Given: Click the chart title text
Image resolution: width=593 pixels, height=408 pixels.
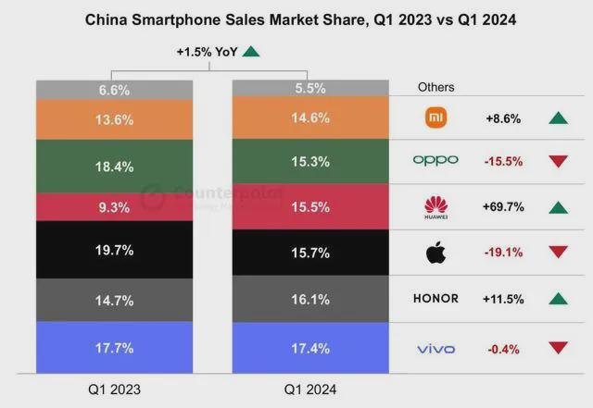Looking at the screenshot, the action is click(x=300, y=19).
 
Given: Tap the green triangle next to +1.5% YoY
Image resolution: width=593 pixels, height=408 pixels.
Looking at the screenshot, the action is click(x=251, y=52).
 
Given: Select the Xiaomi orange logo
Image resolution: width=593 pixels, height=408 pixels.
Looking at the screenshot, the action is click(x=436, y=117).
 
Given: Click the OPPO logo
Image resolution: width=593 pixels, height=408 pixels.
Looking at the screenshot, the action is click(x=435, y=161).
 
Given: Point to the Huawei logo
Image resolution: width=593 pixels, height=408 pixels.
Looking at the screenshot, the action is click(x=436, y=207).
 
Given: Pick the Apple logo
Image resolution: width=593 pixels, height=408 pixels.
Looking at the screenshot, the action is click(x=435, y=252).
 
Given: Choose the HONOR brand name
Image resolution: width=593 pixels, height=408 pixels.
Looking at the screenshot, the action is click(x=435, y=299).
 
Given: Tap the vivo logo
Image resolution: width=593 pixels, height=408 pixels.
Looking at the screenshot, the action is click(x=435, y=349).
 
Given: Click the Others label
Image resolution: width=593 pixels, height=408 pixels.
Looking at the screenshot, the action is click(x=435, y=87).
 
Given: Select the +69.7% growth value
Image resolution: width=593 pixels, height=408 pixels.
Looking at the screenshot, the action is click(x=503, y=207).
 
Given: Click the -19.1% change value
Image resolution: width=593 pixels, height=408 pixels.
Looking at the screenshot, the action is click(x=503, y=253).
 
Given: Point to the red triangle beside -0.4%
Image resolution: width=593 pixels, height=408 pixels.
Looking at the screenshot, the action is click(x=558, y=348).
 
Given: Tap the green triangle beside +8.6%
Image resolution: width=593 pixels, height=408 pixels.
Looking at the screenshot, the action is click(x=558, y=118).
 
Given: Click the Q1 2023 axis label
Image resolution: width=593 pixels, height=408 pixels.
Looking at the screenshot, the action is click(x=114, y=389).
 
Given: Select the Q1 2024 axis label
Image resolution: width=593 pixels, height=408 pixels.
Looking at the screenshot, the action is click(x=310, y=389).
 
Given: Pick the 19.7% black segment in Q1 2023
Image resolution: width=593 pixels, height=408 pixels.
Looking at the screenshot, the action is click(x=114, y=250).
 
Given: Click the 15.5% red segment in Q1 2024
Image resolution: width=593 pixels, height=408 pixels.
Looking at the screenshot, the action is click(x=310, y=206).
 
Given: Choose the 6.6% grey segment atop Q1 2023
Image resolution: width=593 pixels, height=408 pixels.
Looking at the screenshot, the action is click(x=114, y=90).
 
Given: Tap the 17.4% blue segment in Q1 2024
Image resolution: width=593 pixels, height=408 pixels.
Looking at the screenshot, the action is click(x=310, y=348).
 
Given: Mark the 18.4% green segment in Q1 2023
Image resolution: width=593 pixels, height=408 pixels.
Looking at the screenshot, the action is click(x=114, y=167).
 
